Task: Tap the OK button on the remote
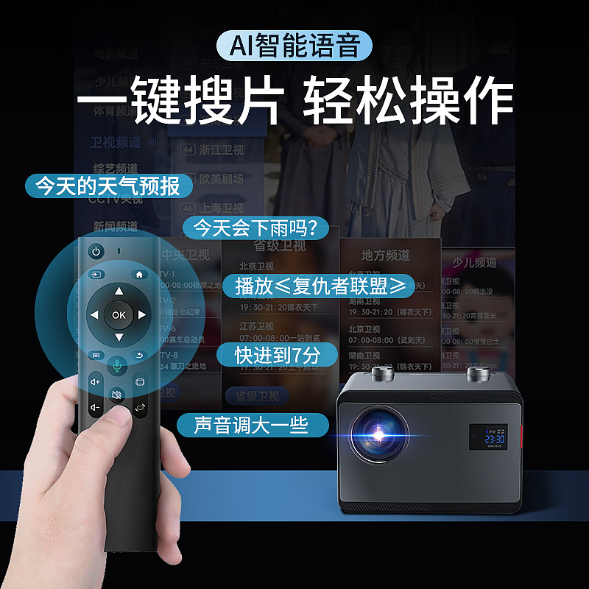119,315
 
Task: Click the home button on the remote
140,274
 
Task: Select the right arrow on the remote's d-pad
142,315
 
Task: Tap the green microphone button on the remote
117,365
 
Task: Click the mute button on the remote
117,395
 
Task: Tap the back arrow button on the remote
140,356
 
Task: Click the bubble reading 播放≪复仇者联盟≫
320,286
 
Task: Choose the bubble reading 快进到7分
278,355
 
